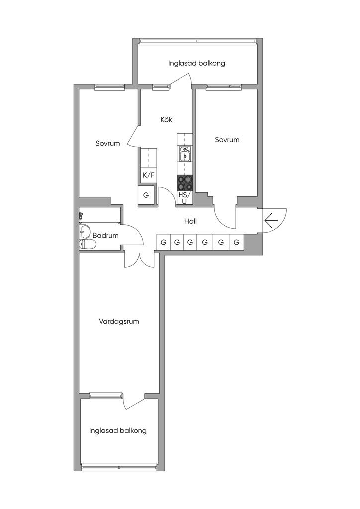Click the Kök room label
click(166, 120)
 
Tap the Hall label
click(190, 221)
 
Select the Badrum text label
click(105, 235)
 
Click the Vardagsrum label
click(119, 321)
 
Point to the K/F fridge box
click(148, 175)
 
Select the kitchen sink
click(185, 154)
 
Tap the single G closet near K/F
click(146, 195)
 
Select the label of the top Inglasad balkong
click(196, 63)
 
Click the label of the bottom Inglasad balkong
click(118, 431)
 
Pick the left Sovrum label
click(108, 143)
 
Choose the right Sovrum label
click(227, 140)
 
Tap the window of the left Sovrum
click(109, 86)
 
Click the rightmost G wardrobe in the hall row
click(237, 242)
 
